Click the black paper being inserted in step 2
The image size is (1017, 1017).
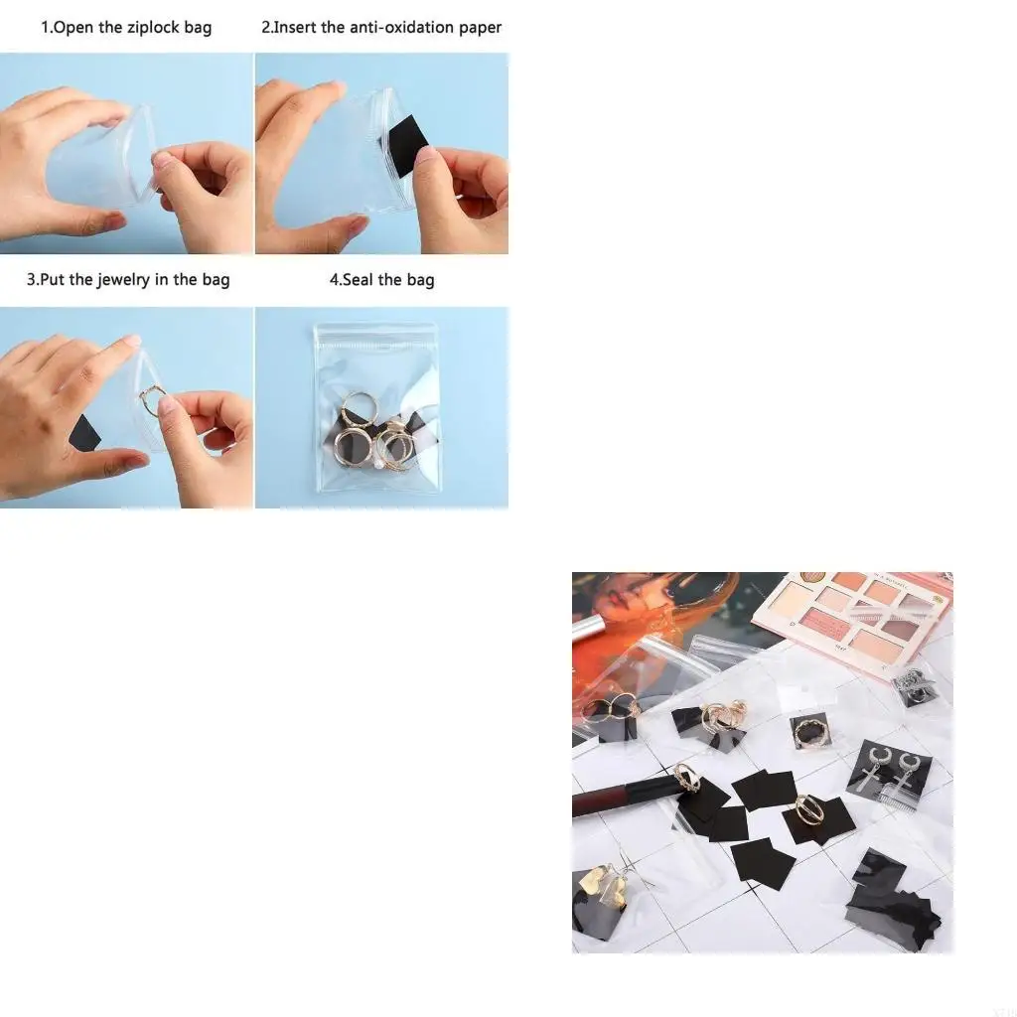[x=404, y=143]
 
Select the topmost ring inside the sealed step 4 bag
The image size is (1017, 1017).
[x=359, y=408]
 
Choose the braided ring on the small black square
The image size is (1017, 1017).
[x=810, y=734]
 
